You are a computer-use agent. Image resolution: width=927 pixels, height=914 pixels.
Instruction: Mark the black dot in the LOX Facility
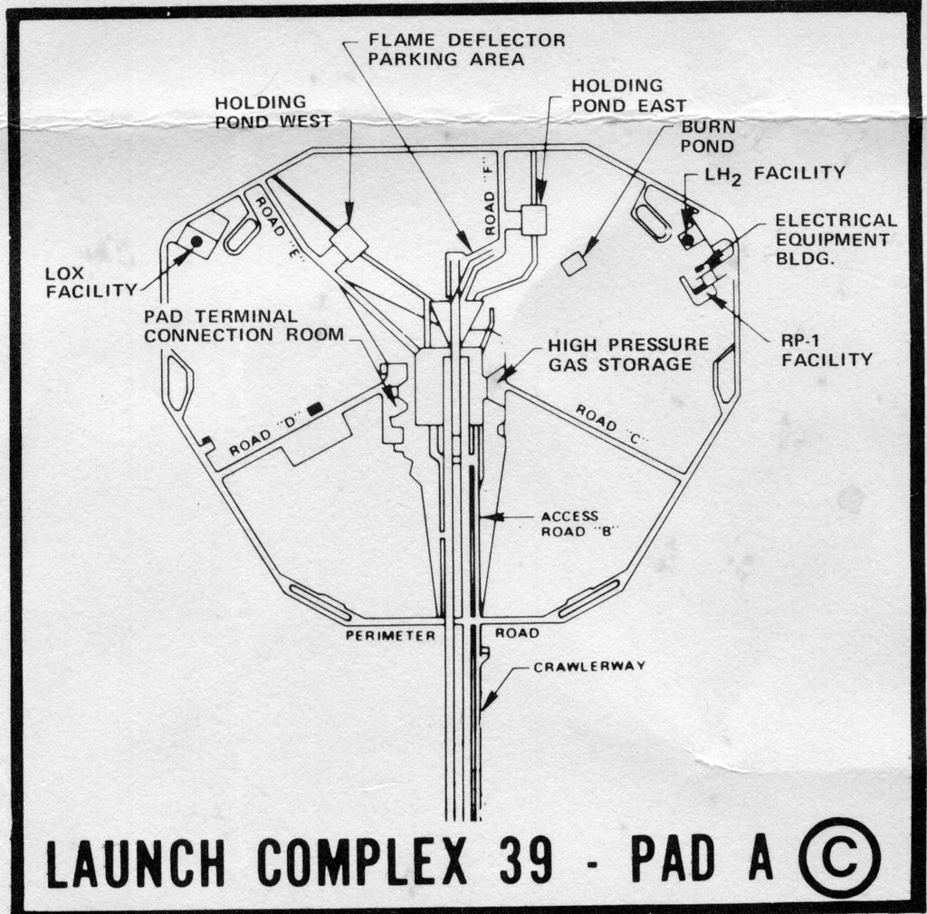click(x=196, y=241)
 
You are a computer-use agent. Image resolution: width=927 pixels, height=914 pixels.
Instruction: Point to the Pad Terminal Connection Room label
click(x=244, y=325)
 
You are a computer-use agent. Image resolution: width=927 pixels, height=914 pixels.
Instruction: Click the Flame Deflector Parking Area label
click(x=466, y=50)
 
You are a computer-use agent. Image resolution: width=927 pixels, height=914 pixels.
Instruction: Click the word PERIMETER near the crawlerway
click(x=390, y=635)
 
